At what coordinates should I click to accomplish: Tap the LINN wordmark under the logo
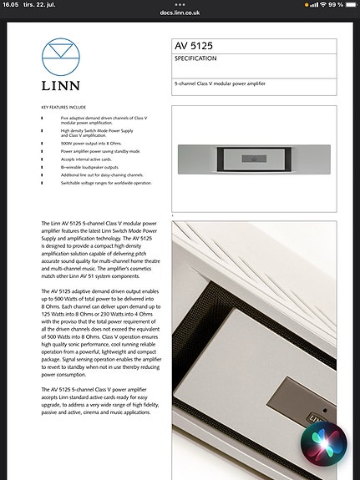(x=63, y=86)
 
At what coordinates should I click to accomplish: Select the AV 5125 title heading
(x=194, y=45)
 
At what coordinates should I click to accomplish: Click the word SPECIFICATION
(x=196, y=59)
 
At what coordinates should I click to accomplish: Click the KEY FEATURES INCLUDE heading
(x=63, y=108)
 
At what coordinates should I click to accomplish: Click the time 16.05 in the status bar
(x=12, y=5)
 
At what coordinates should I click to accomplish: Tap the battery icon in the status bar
(x=347, y=5)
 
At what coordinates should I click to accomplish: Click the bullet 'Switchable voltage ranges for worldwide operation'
(x=105, y=182)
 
